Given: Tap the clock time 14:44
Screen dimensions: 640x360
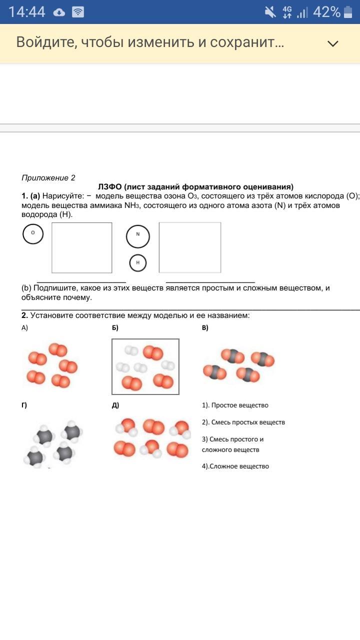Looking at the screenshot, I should click(26, 12).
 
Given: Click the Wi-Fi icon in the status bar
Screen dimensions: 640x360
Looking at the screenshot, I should click(78, 12).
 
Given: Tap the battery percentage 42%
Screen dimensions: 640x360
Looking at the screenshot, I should click(326, 12).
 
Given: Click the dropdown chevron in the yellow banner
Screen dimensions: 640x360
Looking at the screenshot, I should click(332, 43).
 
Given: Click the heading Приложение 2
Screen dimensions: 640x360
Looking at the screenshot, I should click(48, 178).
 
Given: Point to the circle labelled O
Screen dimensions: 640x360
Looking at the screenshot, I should click(33, 233).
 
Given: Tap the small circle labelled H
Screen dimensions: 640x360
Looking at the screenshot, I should click(138, 262).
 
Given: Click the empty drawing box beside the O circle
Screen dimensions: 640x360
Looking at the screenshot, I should click(82, 247).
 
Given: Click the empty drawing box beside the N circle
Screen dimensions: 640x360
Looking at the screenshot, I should click(190, 247).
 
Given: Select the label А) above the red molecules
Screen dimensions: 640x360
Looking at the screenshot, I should click(25, 328).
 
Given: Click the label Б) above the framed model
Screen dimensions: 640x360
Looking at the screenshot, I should click(115, 328).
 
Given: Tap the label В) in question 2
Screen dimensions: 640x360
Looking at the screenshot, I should click(205, 328).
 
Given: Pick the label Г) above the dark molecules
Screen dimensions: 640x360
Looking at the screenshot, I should click(24, 405).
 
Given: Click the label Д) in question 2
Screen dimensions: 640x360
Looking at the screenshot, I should click(115, 405).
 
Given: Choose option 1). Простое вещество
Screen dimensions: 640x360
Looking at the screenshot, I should click(235, 405).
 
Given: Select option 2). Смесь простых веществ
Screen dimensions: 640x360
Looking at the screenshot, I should click(243, 422).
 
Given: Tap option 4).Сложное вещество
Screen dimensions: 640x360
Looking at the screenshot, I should click(235, 466).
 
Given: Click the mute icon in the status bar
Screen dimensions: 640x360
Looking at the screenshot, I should click(270, 12).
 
